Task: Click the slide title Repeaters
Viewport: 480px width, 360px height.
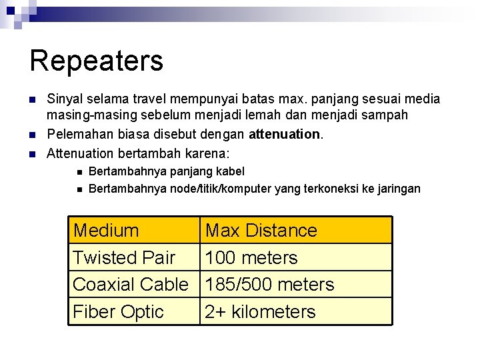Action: pos(97,60)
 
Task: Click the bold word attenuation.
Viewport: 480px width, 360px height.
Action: pos(285,134)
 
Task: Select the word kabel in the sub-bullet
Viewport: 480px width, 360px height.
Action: pos(231,171)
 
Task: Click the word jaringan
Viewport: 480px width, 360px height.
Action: pos(397,189)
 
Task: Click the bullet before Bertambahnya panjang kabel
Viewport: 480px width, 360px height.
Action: pos(79,172)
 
